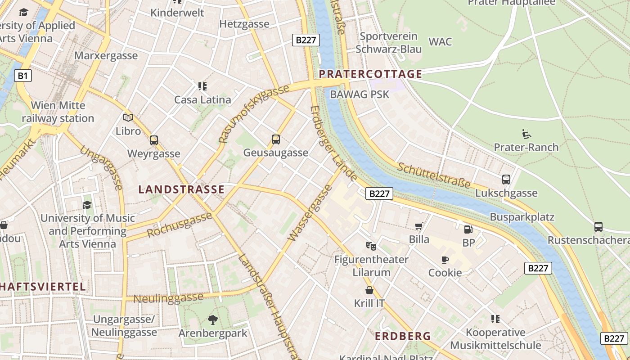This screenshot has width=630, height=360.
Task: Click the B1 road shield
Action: point(23,76)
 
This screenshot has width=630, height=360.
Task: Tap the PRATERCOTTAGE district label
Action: point(371,74)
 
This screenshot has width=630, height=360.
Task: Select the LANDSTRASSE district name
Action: point(181,189)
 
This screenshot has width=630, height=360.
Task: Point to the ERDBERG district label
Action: point(403,336)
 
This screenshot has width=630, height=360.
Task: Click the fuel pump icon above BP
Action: point(468,229)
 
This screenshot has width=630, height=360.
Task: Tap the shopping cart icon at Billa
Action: point(419,226)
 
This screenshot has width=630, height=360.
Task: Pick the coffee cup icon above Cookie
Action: point(445,260)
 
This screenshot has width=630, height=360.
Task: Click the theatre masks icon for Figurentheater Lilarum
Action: point(371,246)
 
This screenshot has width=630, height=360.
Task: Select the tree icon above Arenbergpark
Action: point(213,320)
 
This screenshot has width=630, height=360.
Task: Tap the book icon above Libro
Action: point(128,118)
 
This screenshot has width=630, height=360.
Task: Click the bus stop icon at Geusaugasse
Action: point(276,139)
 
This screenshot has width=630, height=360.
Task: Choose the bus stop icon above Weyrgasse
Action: point(154,140)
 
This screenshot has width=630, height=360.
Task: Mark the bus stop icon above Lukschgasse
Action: point(506,180)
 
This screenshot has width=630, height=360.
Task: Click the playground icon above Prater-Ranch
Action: point(526,134)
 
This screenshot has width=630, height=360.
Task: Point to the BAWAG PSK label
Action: point(360,94)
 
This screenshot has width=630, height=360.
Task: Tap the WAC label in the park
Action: point(440,42)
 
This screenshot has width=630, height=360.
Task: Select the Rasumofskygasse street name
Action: point(253,114)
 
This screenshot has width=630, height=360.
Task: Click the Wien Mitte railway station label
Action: point(58,112)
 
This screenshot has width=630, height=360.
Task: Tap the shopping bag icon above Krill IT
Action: point(369,290)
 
